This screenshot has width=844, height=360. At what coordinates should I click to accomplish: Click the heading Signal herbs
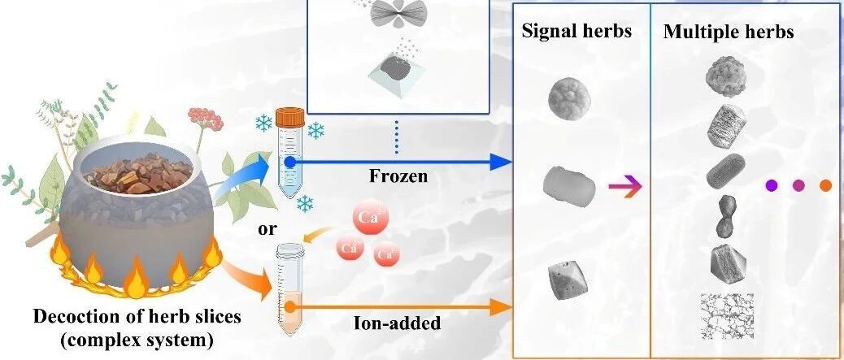coord(576,32)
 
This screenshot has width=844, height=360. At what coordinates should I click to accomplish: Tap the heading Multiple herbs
coord(729,33)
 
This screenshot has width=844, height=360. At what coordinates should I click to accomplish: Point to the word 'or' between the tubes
coord(267,228)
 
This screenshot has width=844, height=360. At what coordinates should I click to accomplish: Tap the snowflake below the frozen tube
coord(306,202)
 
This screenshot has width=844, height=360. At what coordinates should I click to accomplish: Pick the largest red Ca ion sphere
coord(367,218)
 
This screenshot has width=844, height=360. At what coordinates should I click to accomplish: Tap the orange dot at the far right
coord(825,185)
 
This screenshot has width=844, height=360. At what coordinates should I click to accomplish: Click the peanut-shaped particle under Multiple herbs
coord(725,217)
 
